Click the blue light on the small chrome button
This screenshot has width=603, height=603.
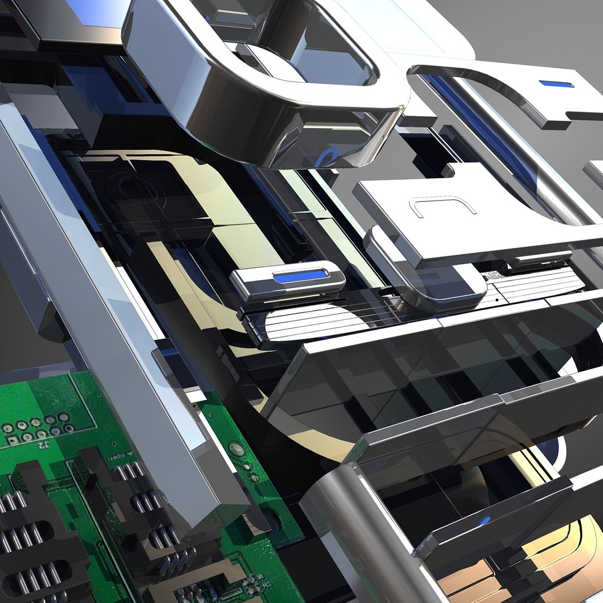click(300, 276)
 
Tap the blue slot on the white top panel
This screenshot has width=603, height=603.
click(556, 84)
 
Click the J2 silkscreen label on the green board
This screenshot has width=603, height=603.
click(42, 444)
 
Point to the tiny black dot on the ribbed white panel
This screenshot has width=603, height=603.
click(497, 300)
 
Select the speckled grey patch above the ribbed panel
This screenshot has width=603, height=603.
click(494, 276)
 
